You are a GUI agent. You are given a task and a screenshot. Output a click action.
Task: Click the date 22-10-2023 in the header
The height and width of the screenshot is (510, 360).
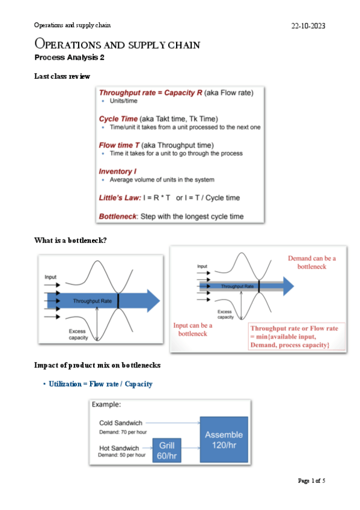point(308,26)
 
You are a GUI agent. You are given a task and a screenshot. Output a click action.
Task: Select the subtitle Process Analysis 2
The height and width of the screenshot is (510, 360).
point(69,58)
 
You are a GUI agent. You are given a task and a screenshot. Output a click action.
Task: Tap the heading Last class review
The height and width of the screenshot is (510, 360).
point(62,76)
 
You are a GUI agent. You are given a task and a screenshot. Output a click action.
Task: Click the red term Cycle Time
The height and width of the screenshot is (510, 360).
point(118,118)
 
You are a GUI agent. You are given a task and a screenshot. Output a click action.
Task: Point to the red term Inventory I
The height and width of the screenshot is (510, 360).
point(118,171)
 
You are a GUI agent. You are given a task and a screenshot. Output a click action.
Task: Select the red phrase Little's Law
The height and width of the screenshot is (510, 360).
point(120,198)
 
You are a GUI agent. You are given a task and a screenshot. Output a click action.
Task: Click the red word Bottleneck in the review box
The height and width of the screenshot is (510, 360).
point(118,217)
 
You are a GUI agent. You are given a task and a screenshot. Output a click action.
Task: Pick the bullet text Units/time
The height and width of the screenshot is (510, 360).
point(123,101)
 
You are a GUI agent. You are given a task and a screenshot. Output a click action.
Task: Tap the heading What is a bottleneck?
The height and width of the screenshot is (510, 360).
point(70,241)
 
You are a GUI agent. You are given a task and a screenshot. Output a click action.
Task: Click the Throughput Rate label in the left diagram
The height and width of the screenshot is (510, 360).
point(93,301)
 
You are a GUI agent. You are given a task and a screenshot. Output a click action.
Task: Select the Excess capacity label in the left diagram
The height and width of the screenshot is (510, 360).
point(78,334)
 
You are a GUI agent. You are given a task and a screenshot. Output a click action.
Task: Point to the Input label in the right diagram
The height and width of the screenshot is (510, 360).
point(202,266)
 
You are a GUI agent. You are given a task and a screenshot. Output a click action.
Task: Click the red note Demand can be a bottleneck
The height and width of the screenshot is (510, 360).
point(312,262)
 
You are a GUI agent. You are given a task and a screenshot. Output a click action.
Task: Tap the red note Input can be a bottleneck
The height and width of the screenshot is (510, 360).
point(193,330)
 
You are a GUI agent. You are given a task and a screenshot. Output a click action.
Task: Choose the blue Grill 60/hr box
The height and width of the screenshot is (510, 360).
point(166,450)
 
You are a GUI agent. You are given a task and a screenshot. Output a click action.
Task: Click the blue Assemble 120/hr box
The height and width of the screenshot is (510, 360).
point(224,440)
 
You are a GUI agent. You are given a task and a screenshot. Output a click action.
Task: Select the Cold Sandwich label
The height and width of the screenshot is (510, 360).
point(121,423)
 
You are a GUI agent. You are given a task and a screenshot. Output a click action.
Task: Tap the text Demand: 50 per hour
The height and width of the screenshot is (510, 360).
point(122,455)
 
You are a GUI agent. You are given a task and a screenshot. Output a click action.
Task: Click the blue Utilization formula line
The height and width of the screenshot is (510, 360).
point(100,384)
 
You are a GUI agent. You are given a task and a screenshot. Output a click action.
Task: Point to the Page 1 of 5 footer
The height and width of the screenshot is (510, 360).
point(311,481)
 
